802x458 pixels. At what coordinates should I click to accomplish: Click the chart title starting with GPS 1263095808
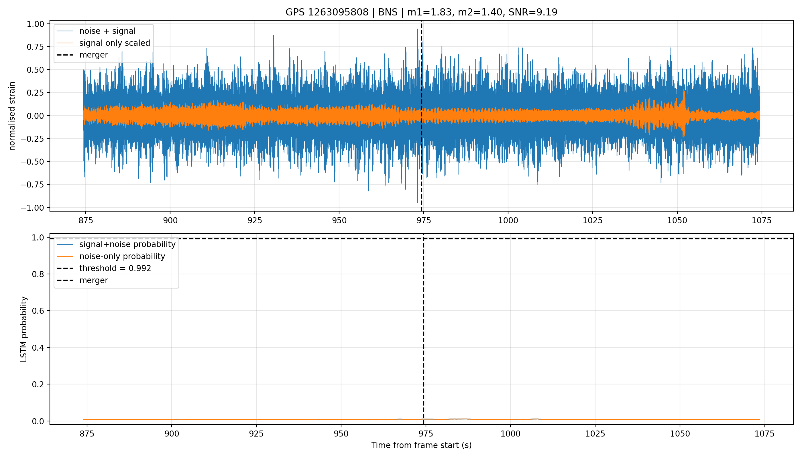click(421, 12)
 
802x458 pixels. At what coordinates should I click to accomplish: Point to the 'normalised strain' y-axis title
click(12, 116)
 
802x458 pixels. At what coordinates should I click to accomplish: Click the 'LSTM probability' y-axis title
click(24, 329)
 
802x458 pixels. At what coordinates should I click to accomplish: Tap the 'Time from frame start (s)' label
click(421, 445)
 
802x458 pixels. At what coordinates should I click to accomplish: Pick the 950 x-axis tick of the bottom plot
click(341, 434)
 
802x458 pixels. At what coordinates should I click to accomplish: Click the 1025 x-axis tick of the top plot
click(592, 220)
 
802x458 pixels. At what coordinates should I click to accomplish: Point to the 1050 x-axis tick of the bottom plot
click(680, 434)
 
